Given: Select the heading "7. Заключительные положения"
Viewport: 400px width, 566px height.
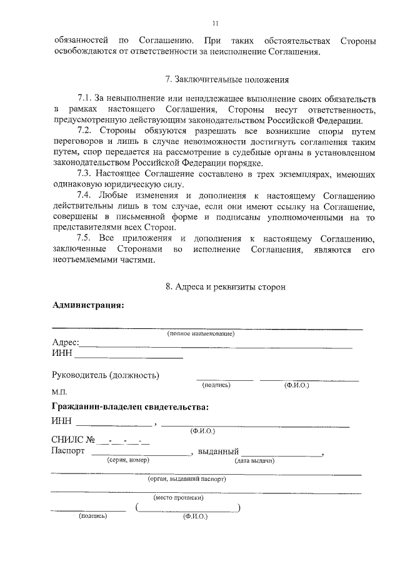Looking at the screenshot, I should click(227, 79).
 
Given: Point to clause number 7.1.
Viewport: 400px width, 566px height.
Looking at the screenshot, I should click(84, 99).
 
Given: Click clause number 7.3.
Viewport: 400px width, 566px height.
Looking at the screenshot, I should click(84, 173).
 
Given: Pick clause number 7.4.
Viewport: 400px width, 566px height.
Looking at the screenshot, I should click(84, 195).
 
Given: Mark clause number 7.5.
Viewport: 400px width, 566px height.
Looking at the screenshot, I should click(84, 239).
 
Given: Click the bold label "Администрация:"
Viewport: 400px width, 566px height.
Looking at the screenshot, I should click(88, 305).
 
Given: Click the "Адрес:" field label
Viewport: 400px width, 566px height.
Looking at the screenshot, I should click(65, 343).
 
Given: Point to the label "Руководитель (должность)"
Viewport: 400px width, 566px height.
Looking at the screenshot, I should click(105, 375).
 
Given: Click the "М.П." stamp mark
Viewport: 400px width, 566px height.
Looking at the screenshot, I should click(59, 392).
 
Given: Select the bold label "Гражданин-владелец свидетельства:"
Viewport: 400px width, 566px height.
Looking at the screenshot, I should click(130, 407).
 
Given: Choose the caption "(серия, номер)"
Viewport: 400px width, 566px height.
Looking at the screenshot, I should click(127, 460).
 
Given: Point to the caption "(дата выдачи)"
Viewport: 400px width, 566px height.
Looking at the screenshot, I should click(254, 460).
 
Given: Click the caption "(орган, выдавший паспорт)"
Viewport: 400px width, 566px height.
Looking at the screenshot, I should click(187, 479).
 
